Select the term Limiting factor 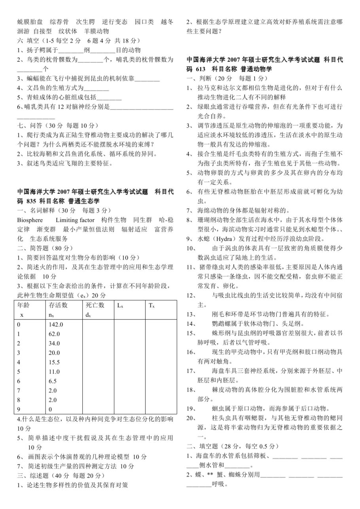pyautogui.click(x=75, y=220)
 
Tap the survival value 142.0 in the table pyautogui.click(x=56, y=324)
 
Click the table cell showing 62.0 pyautogui.click(x=55, y=334)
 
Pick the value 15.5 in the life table pyautogui.click(x=55, y=362)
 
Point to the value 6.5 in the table pyautogui.click(x=53, y=381)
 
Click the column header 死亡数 pyautogui.click(x=95, y=305)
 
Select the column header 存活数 pyautogui.click(x=58, y=305)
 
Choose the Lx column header pyautogui.click(x=120, y=305)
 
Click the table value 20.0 pyautogui.click(x=55, y=353)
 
